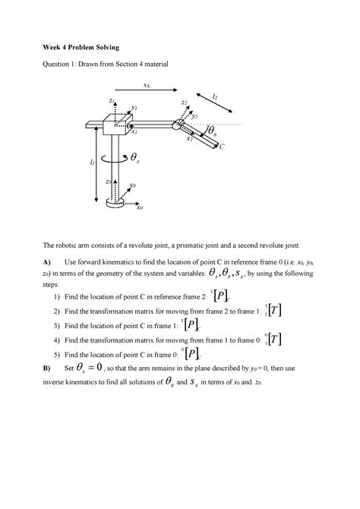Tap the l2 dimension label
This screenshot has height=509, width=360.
tap(216, 97)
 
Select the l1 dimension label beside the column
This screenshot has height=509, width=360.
tap(92, 163)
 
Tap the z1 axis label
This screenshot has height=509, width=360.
tap(111, 101)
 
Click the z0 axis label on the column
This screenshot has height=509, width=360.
tap(109, 182)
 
